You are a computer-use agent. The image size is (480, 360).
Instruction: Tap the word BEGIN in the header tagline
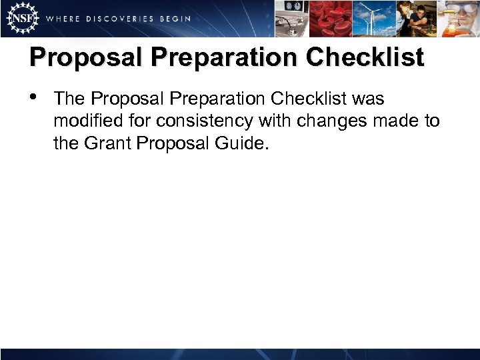pyautogui.click(x=175, y=19)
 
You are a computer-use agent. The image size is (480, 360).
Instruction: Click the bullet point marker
pyautogui.click(x=34, y=99)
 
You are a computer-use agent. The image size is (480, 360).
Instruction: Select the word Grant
pyautogui.click(x=105, y=143)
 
